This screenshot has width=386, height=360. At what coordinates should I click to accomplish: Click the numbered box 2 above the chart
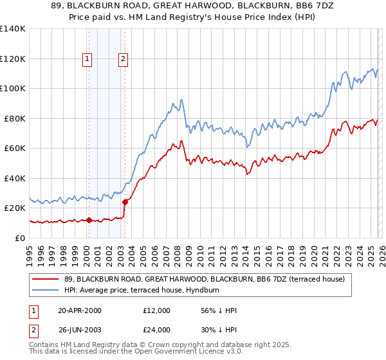point(123,60)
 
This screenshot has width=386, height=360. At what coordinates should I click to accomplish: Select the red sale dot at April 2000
point(89,220)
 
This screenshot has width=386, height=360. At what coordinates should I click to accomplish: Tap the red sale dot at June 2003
point(125,202)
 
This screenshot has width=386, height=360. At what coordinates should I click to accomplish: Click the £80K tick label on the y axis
point(14,118)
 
